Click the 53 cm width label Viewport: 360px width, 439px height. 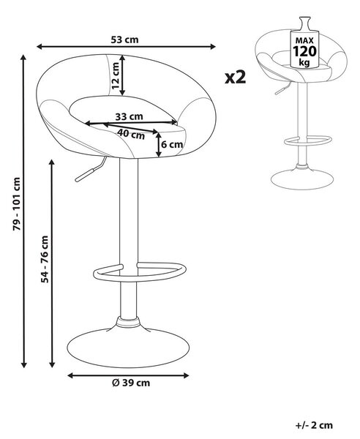pyautogui.click(x=124, y=40)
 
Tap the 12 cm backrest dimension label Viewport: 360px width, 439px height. pyautogui.click(x=116, y=75)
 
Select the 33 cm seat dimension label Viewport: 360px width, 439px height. pyautogui.click(x=129, y=116)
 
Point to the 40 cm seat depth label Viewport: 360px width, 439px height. pyautogui.click(x=131, y=134)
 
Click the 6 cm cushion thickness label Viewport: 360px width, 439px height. pyautogui.click(x=172, y=144)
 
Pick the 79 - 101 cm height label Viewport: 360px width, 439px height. pyautogui.click(x=17, y=204)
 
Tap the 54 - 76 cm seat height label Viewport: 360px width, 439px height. pyautogui.click(x=45, y=259)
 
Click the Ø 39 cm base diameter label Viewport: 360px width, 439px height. pyautogui.click(x=131, y=383)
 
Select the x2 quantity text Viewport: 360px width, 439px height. pyautogui.click(x=236, y=77)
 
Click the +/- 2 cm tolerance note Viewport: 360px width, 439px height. pyautogui.click(x=314, y=425)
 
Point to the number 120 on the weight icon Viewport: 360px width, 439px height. pyautogui.click(x=304, y=51)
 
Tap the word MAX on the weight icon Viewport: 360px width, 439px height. pyautogui.click(x=304, y=40)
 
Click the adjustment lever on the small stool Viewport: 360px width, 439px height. pyautogui.click(x=283, y=89)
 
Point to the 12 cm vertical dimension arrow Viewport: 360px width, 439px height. pyautogui.click(x=122, y=75)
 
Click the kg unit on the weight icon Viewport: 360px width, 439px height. pyautogui.click(x=304, y=62)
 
